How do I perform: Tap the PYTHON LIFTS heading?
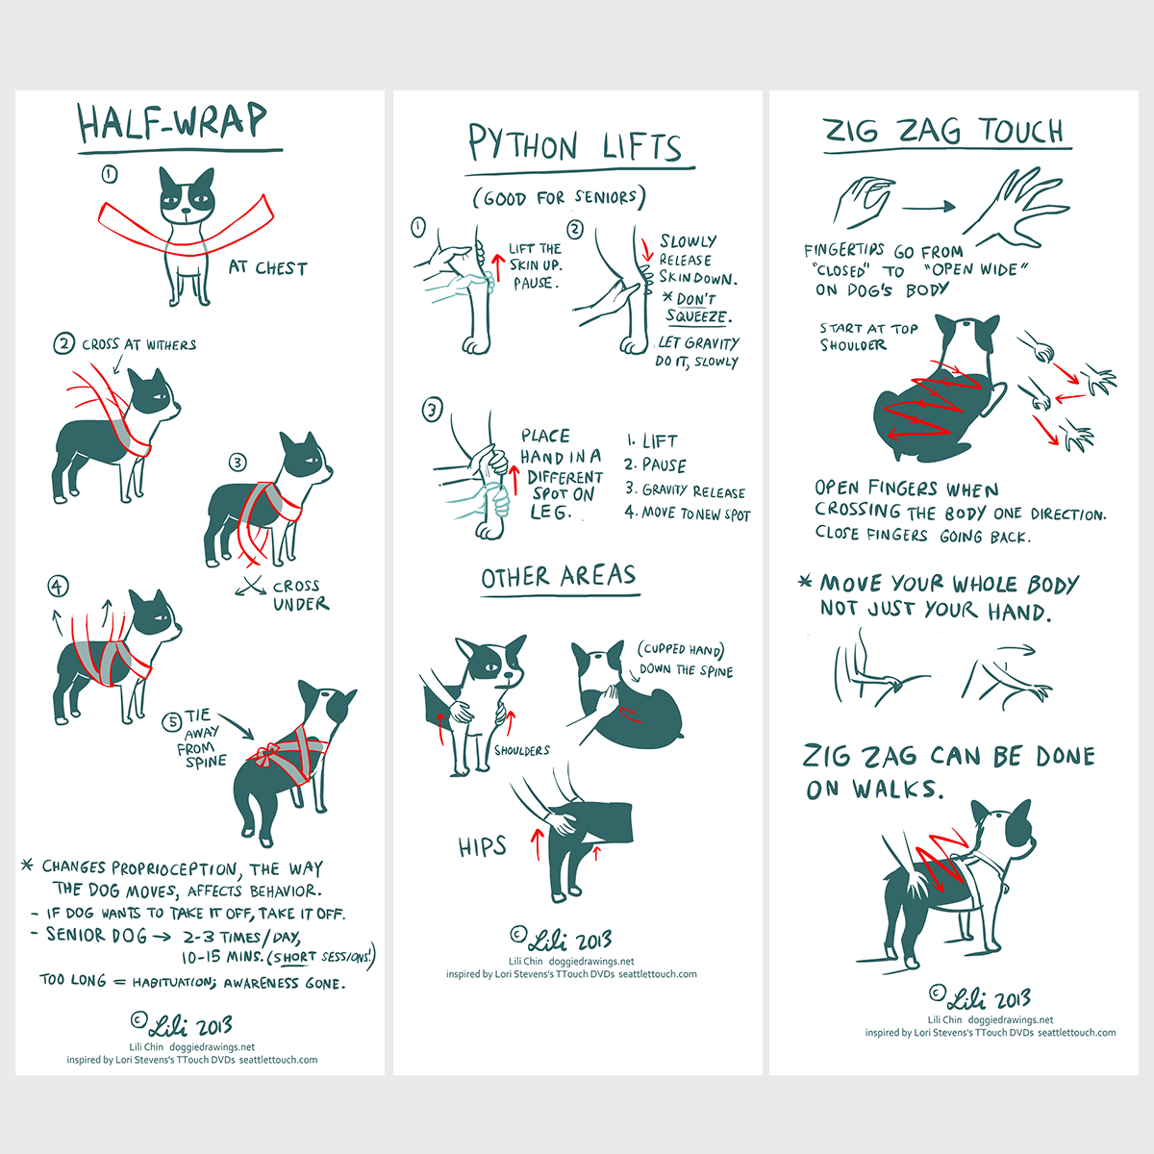coord(575,143)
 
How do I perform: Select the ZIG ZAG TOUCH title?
coord(944,131)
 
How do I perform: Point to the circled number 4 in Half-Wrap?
coord(58,586)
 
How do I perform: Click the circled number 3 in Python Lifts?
coord(433,410)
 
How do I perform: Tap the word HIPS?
coord(482,846)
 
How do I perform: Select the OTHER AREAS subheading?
coord(558,576)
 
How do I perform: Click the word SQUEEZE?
coord(697,315)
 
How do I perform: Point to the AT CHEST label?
coord(267,267)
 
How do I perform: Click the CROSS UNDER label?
coord(301,594)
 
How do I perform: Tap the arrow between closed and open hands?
coord(928,207)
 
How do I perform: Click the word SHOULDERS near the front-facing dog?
coord(521,750)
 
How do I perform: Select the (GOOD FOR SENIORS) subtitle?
coord(560,197)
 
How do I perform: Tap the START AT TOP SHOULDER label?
coord(868,337)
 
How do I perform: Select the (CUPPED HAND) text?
coord(680,650)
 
